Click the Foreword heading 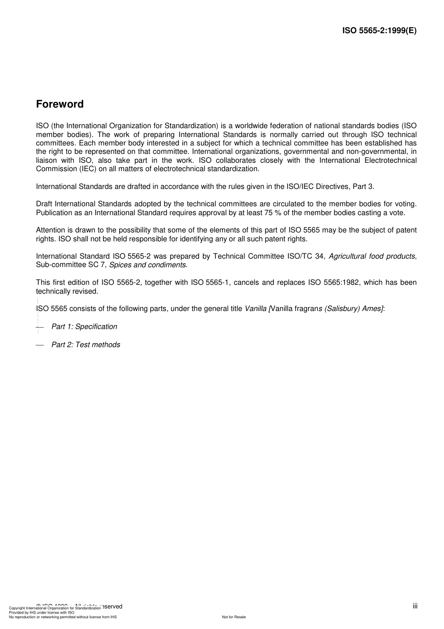(60, 104)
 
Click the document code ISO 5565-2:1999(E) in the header (379, 31)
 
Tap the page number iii (415, 606)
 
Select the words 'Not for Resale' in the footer (234, 617)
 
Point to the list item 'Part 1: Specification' (84, 326)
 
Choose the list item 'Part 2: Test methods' (86, 345)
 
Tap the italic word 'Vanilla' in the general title (256, 309)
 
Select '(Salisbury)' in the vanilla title (342, 309)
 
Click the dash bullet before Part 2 (40, 345)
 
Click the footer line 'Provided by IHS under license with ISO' (42, 612)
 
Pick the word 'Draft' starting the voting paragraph (44, 204)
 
